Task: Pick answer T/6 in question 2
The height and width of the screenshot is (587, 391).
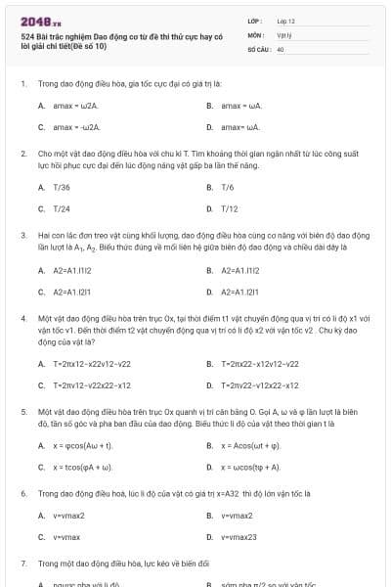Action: [x=228, y=187]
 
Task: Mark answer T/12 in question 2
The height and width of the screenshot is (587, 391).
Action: [x=230, y=208]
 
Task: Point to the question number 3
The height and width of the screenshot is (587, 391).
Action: [x=22, y=236]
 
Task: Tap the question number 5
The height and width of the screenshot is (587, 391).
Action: [x=22, y=413]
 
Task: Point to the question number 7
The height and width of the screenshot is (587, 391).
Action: [x=22, y=564]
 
